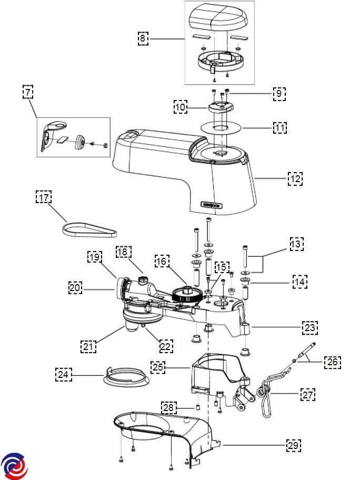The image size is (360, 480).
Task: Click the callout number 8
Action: click(x=143, y=38)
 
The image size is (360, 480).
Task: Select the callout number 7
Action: click(x=28, y=92)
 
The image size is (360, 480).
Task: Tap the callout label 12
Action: click(x=295, y=178)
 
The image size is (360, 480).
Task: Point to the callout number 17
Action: click(x=44, y=197)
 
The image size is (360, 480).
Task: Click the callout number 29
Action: click(x=293, y=445)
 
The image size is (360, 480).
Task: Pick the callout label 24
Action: click(x=63, y=374)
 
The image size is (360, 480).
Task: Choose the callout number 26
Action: click(x=333, y=362)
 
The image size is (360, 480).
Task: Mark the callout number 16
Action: click(x=162, y=261)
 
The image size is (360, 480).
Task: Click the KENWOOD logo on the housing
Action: click(x=212, y=205)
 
